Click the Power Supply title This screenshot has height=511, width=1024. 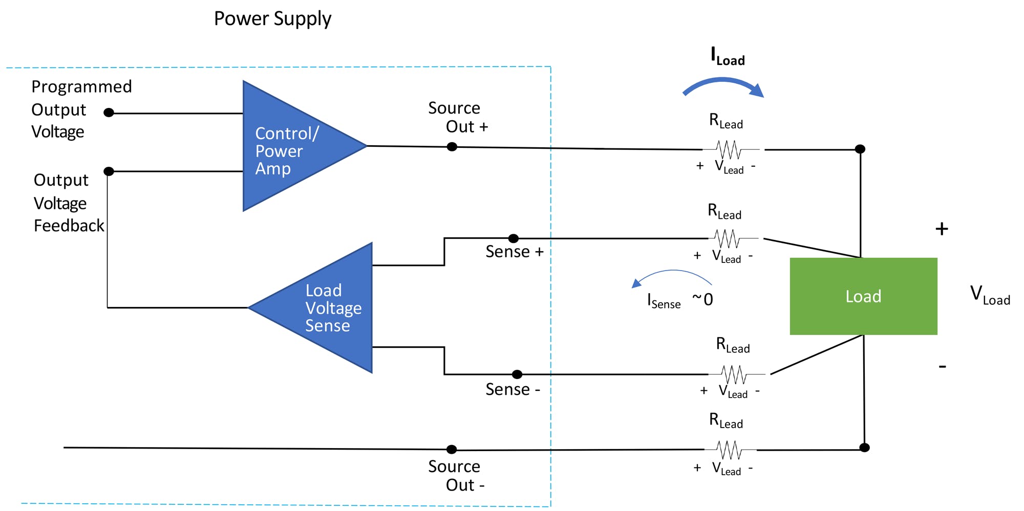272,19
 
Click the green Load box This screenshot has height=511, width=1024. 863,296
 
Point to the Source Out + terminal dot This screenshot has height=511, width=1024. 452,147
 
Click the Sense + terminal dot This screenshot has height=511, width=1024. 514,238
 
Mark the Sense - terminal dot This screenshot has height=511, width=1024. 517,374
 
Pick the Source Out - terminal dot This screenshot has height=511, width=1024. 451,450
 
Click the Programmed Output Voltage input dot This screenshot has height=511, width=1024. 109,113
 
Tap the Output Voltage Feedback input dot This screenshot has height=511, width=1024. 109,171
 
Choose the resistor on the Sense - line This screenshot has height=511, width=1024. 734,374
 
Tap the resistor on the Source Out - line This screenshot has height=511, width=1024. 730,450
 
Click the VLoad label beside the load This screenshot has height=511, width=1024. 989,296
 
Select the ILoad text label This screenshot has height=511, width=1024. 727,56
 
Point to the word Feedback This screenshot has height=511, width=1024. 69,226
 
